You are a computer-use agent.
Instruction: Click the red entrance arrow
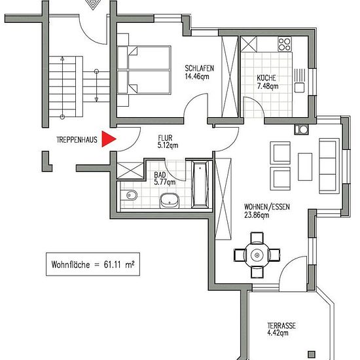pos(108,139)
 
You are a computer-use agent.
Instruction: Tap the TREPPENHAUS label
pos(77,140)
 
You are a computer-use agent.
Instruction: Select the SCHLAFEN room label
pos(199,68)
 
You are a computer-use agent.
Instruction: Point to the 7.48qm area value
pos(268,86)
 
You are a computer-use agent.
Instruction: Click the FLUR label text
pos(165,138)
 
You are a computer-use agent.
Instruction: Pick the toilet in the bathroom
pos(129,196)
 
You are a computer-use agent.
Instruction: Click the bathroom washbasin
pos(170,200)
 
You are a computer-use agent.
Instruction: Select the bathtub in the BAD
pos(200,184)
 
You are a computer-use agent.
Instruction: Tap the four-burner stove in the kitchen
pos(285,45)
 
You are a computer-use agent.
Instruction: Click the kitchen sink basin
pos(299,88)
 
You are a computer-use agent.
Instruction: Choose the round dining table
pos(257,255)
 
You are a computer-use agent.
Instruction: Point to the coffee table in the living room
pos(305,167)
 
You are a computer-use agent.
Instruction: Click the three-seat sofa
pos(329,166)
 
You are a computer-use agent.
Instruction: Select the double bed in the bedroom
pos(144,70)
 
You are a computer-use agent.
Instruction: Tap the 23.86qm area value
pos(257,215)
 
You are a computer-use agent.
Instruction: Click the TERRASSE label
pos(281,325)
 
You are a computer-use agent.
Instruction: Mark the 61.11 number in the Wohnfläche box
pos(113,264)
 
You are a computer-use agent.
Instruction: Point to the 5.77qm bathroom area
pos(165,183)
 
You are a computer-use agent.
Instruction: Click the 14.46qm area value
pos(197,77)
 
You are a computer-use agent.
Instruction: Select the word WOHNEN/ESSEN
pos(267,207)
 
